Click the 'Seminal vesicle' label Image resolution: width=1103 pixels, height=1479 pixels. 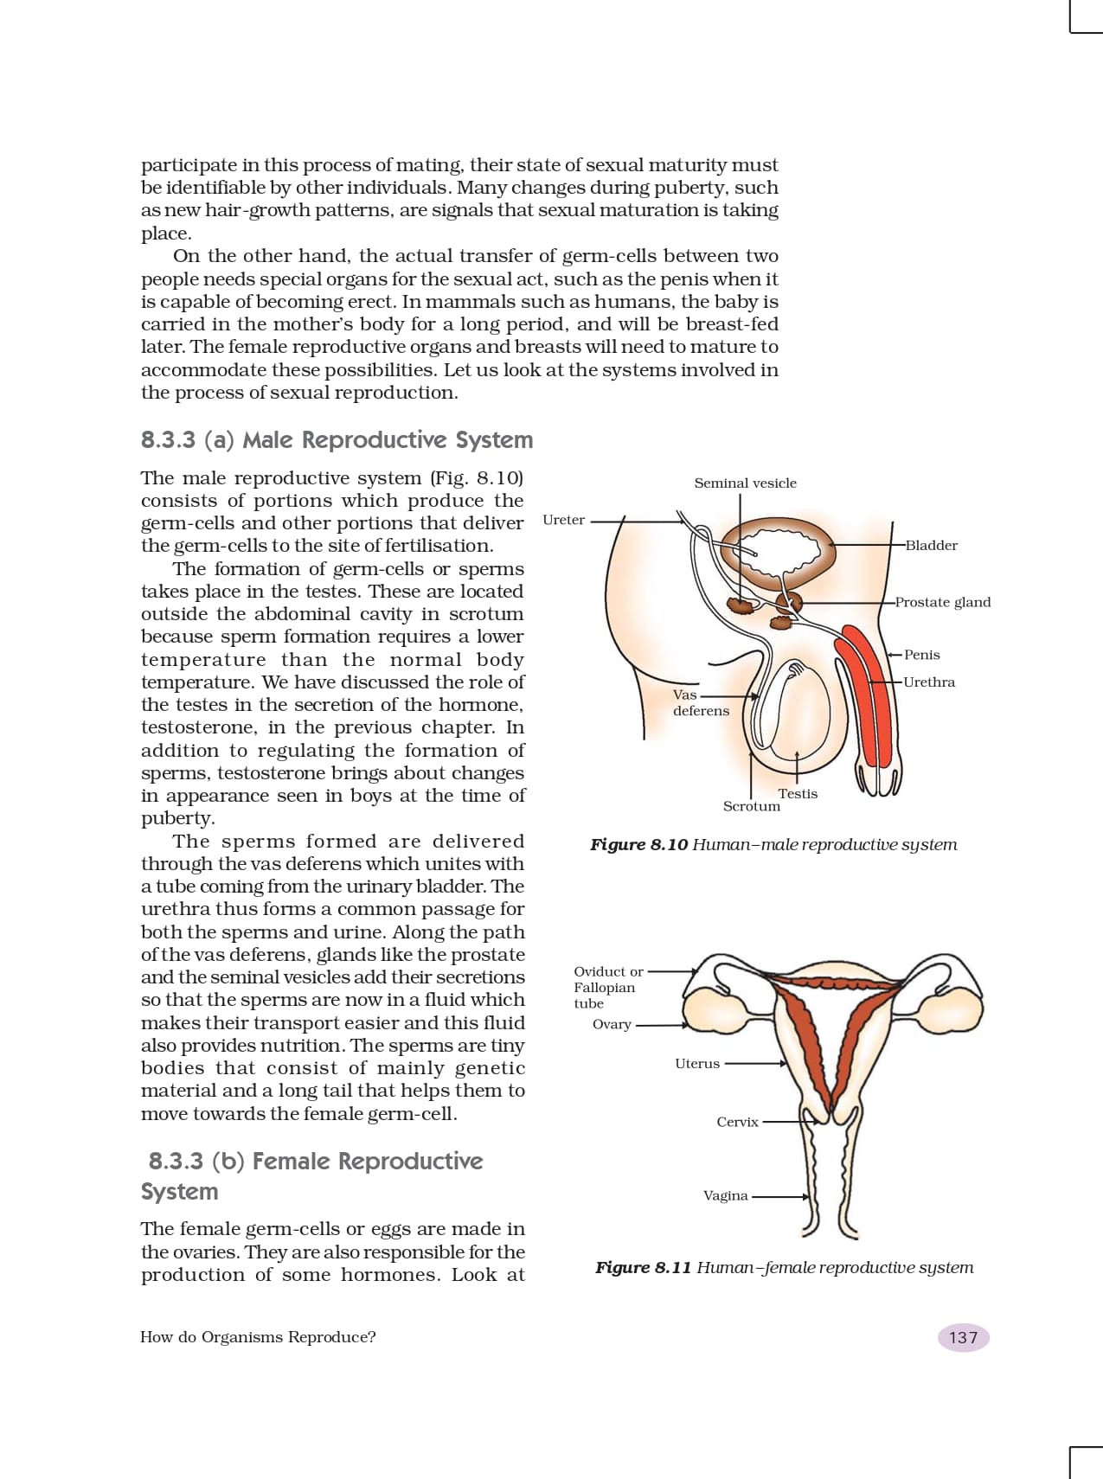coord(745,483)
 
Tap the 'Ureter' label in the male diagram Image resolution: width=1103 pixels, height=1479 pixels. coord(563,520)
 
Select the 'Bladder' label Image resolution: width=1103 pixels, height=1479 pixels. coord(931,546)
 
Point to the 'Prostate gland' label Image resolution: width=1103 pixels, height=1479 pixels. coord(942,602)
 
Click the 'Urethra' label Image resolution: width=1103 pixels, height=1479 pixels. coord(929,682)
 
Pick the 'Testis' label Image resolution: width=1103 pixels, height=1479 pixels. coord(797,793)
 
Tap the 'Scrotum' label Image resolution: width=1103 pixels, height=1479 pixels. coord(751,806)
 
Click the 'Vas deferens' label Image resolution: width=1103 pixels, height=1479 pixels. coord(700,702)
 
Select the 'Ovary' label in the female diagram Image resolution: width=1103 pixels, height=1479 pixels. coord(611,1025)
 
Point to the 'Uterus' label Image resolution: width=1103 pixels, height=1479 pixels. coord(696,1064)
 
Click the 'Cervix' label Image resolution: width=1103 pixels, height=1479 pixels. coord(737,1122)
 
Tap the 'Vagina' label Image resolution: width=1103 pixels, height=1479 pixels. coord(725,1196)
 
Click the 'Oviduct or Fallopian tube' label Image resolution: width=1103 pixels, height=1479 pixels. coord(607,988)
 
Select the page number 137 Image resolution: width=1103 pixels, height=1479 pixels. coord(963,1338)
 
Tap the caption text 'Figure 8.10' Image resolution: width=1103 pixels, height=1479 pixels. coord(638,845)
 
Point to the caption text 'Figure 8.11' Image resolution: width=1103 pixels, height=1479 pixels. coord(643,1268)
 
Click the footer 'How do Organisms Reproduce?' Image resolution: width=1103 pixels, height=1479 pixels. coord(258,1337)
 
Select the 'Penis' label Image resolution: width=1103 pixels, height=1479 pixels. coord(921,655)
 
